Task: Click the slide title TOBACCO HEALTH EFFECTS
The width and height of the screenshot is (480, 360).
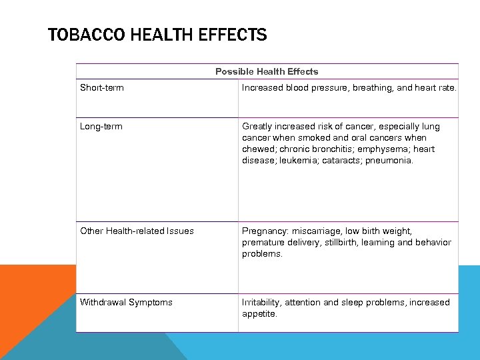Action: click(x=157, y=35)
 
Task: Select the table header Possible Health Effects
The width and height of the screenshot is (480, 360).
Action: click(x=267, y=71)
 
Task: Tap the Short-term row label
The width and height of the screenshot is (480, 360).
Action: click(x=102, y=87)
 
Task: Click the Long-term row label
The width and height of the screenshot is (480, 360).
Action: click(x=101, y=126)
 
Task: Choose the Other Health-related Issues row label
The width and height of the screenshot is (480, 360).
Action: click(x=137, y=231)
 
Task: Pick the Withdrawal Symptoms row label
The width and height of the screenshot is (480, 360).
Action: click(x=126, y=302)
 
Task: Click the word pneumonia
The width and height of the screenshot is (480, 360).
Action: click(x=389, y=160)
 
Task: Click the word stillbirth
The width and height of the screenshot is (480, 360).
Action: click(x=337, y=243)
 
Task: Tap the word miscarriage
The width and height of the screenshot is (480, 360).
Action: click(x=315, y=231)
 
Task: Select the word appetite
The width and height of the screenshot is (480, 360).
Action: click(x=259, y=313)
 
